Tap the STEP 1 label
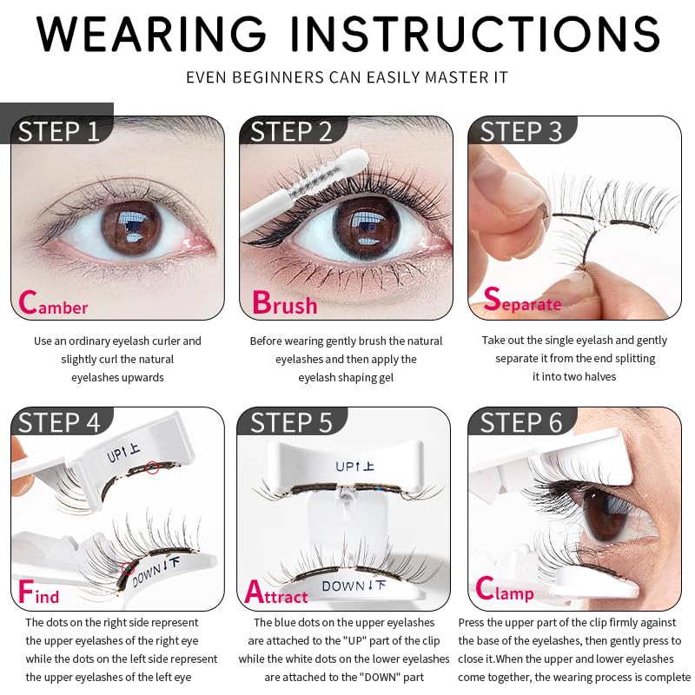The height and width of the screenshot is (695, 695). (59, 131)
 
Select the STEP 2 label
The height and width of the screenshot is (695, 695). (291, 131)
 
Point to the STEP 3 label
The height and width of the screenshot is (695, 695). (521, 131)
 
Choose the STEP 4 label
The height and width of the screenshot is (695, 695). (59, 422)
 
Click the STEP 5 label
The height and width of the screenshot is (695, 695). (291, 422)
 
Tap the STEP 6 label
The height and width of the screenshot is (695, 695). (521, 422)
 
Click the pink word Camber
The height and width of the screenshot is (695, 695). (53, 304)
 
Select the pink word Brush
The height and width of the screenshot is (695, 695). (284, 304)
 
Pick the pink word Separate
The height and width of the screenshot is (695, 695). (522, 301)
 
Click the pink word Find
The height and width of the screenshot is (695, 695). (39, 594)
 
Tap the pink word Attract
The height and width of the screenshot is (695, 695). (276, 594)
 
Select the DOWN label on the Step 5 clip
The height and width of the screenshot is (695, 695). (354, 586)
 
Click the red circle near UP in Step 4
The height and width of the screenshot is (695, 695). (153, 469)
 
